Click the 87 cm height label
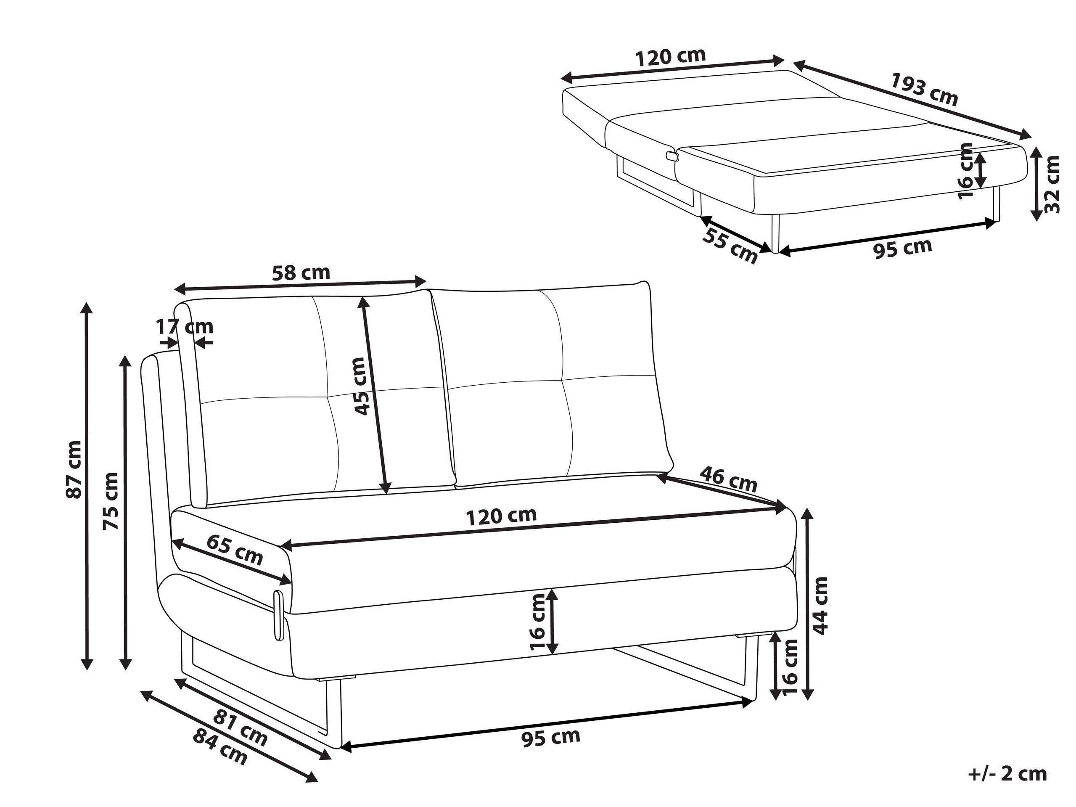coord(74,469)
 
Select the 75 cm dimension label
coord(111,500)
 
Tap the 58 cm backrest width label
coord(301,273)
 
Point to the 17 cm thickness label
coord(184,326)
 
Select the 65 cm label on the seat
coord(235,549)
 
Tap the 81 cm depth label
coord(240,728)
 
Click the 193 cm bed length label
coord(924,89)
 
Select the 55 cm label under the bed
coord(730,246)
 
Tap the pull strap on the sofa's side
coord(279,615)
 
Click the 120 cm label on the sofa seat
coord(502,516)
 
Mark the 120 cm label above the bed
coord(671,56)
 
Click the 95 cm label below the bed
coord(903,248)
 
